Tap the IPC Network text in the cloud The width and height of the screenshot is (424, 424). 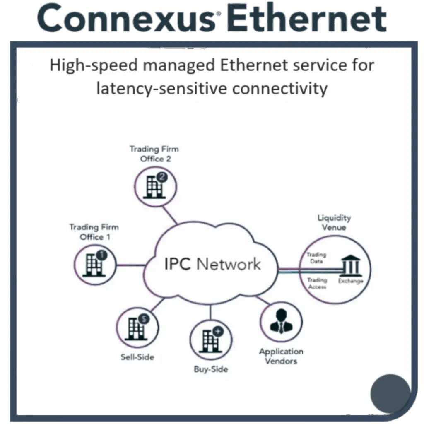click(212, 264)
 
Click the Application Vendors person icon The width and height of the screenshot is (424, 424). click(281, 321)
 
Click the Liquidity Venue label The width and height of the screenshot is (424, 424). click(334, 222)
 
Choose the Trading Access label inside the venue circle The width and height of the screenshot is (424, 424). click(317, 284)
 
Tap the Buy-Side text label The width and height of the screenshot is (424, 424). click(211, 369)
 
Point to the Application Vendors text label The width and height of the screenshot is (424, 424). click(281, 357)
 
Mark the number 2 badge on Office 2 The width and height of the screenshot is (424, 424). click(162, 178)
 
